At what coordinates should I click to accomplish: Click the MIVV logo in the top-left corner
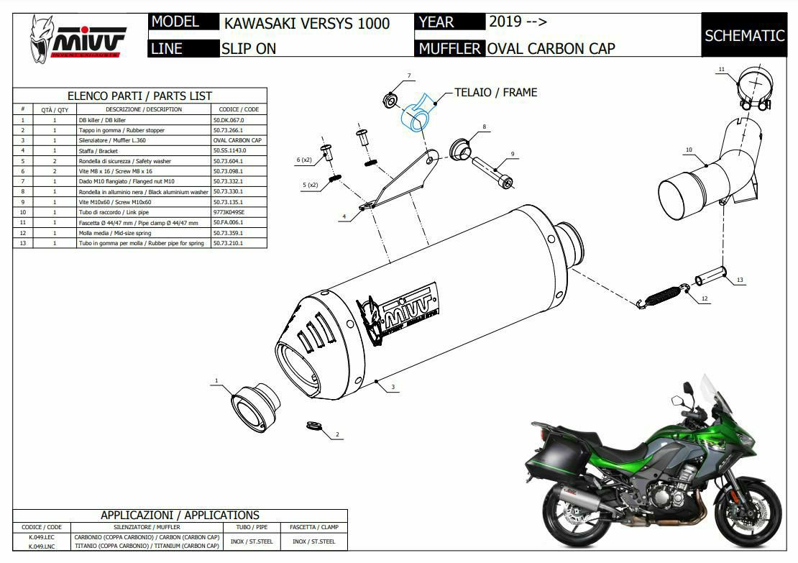click(x=78, y=37)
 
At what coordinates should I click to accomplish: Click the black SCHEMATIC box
click(x=743, y=35)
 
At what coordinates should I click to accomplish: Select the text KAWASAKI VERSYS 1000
click(x=307, y=23)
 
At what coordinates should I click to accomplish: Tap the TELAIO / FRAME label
click(x=495, y=92)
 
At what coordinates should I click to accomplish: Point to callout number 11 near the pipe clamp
click(x=721, y=69)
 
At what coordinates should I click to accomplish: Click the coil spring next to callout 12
click(x=661, y=297)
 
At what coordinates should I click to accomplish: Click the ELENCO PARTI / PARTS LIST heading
click(x=139, y=96)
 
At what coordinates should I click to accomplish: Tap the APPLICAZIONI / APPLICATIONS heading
click(x=180, y=515)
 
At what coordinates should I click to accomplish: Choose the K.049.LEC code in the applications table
click(x=41, y=537)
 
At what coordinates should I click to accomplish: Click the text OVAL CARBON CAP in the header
click(x=551, y=49)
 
